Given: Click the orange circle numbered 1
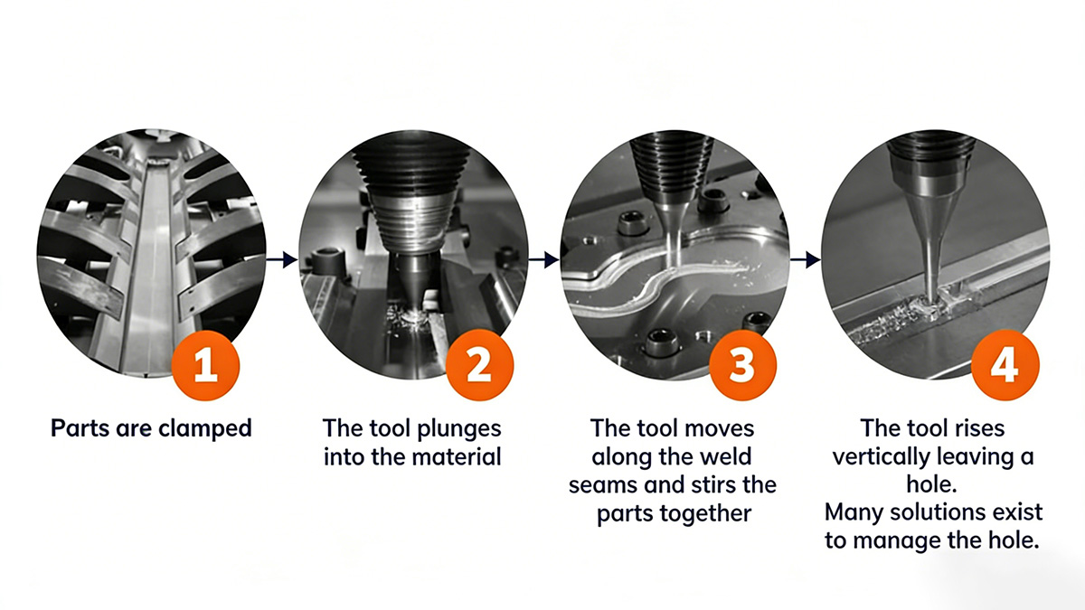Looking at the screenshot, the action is coord(205,365).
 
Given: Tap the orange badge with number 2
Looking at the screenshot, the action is coord(479,365).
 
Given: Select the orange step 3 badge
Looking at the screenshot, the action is coord(742,365).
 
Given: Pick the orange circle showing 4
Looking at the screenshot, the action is coord(1005,365).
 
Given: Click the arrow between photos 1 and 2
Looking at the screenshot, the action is coord(282,259).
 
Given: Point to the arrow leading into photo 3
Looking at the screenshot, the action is coord(543,259).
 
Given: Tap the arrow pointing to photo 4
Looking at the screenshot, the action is coord(805,259).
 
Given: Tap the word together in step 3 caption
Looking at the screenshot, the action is coord(708,513).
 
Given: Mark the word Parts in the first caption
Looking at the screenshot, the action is coord(80,428).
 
